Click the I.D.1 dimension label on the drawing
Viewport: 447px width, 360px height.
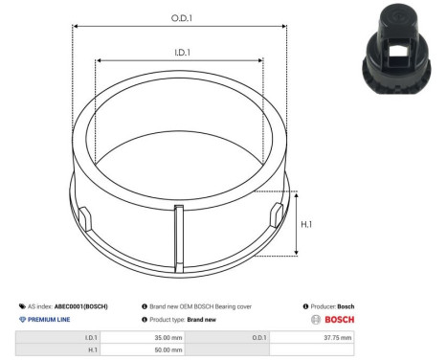point(180,54)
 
